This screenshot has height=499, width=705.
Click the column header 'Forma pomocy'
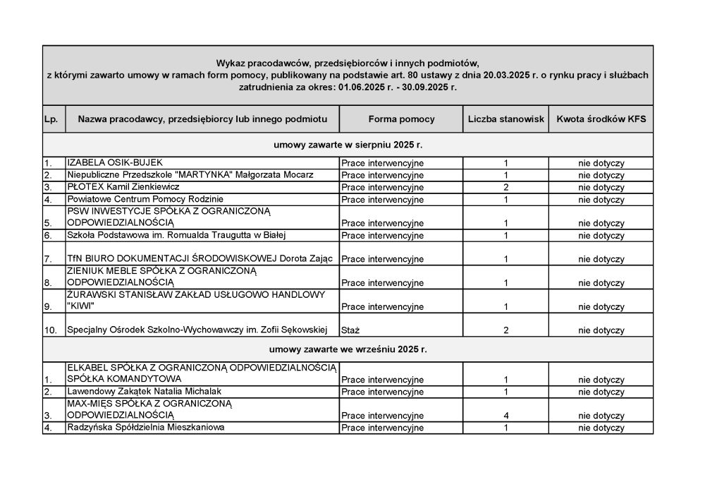tap(401, 119)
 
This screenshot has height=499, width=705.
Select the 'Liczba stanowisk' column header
tap(505, 119)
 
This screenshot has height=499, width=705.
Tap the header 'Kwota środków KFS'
tap(601, 119)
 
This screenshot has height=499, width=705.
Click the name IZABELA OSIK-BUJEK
tap(115, 163)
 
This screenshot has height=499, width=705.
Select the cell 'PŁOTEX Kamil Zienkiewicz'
tap(123, 187)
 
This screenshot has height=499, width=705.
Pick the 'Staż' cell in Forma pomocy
tap(350, 330)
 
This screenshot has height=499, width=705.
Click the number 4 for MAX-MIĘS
tap(506, 416)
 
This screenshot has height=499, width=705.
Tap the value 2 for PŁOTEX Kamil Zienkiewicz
tap(506, 187)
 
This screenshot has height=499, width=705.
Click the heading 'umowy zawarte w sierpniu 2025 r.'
tap(348, 145)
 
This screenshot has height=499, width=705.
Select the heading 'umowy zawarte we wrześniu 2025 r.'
tap(348, 349)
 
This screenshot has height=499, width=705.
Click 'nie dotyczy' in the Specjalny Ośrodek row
tap(601, 330)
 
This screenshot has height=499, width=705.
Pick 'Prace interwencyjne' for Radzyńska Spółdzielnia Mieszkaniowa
tap(382, 428)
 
